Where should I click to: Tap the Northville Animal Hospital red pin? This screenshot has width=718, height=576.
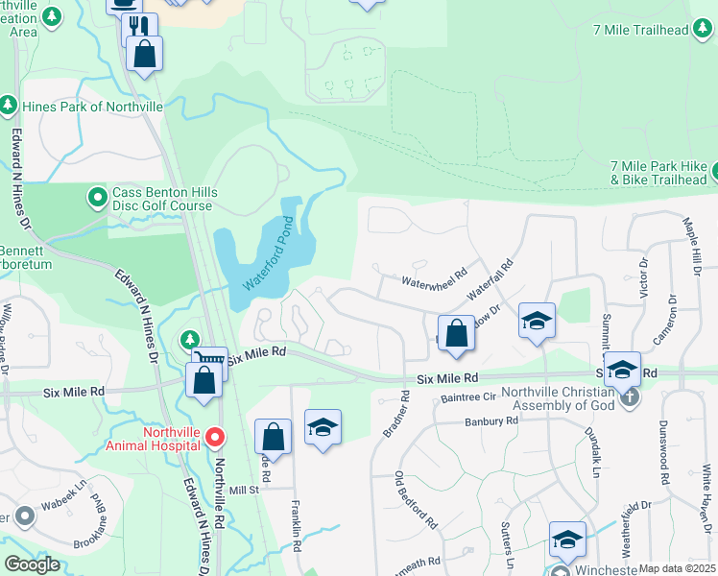point(215,439)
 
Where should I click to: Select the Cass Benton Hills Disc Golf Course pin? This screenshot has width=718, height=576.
point(97,199)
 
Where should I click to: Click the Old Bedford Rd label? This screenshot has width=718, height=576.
point(417,501)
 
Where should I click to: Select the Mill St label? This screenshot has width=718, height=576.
point(244,491)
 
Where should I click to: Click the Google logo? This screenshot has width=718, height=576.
point(32,564)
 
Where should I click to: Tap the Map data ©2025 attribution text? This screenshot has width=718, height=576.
point(677,568)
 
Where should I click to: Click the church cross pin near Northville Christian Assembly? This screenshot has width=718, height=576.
point(630,396)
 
